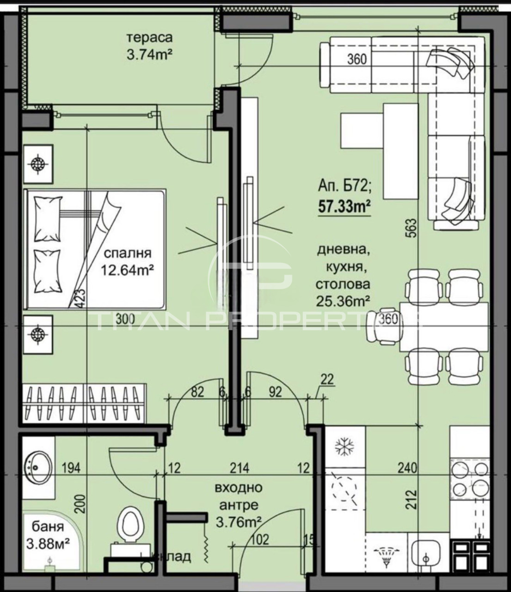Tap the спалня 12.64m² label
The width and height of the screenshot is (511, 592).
click(127, 261)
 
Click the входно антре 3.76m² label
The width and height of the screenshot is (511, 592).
click(238, 505)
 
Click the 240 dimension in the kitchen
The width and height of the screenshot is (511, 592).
click(407, 468)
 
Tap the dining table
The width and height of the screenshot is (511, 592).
click(444, 327)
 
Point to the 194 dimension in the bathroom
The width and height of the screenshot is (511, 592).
click(71, 468)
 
